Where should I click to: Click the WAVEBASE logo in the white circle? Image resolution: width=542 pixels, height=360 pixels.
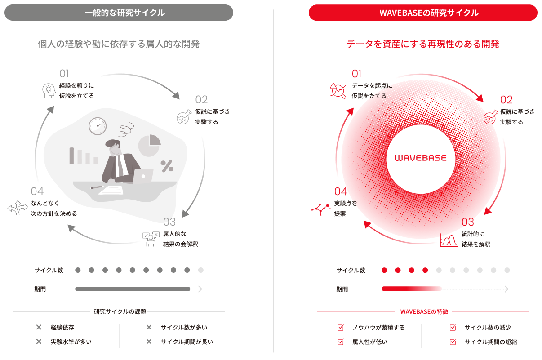click(421, 158)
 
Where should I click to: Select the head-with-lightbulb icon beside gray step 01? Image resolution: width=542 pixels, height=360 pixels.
click(49, 91)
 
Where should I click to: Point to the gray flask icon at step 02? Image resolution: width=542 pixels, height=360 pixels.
click(184, 117)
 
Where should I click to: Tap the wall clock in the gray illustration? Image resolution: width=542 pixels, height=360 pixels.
click(98, 126)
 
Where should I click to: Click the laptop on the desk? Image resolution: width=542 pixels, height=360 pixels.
click(143, 176)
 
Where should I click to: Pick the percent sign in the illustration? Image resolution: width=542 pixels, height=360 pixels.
click(167, 166)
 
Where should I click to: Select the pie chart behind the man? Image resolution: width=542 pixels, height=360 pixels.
click(150, 145)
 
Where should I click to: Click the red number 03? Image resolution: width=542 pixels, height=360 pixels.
click(467, 222)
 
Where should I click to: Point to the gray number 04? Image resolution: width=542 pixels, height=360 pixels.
click(37, 191)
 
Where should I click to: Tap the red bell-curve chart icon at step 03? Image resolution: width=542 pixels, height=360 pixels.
click(449, 240)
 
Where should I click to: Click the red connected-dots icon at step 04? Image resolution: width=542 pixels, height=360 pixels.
click(321, 209)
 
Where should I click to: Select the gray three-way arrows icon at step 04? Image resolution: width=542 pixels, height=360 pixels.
click(18, 208)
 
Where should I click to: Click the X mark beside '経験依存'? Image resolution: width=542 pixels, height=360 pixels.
click(39, 327)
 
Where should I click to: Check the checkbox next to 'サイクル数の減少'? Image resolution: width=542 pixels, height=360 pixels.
click(453, 327)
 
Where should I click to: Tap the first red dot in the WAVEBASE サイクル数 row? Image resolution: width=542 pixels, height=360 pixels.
click(384, 270)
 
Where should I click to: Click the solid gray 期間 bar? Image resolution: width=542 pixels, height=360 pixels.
click(133, 289)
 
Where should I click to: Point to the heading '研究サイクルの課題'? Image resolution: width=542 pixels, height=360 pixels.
click(120, 311)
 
